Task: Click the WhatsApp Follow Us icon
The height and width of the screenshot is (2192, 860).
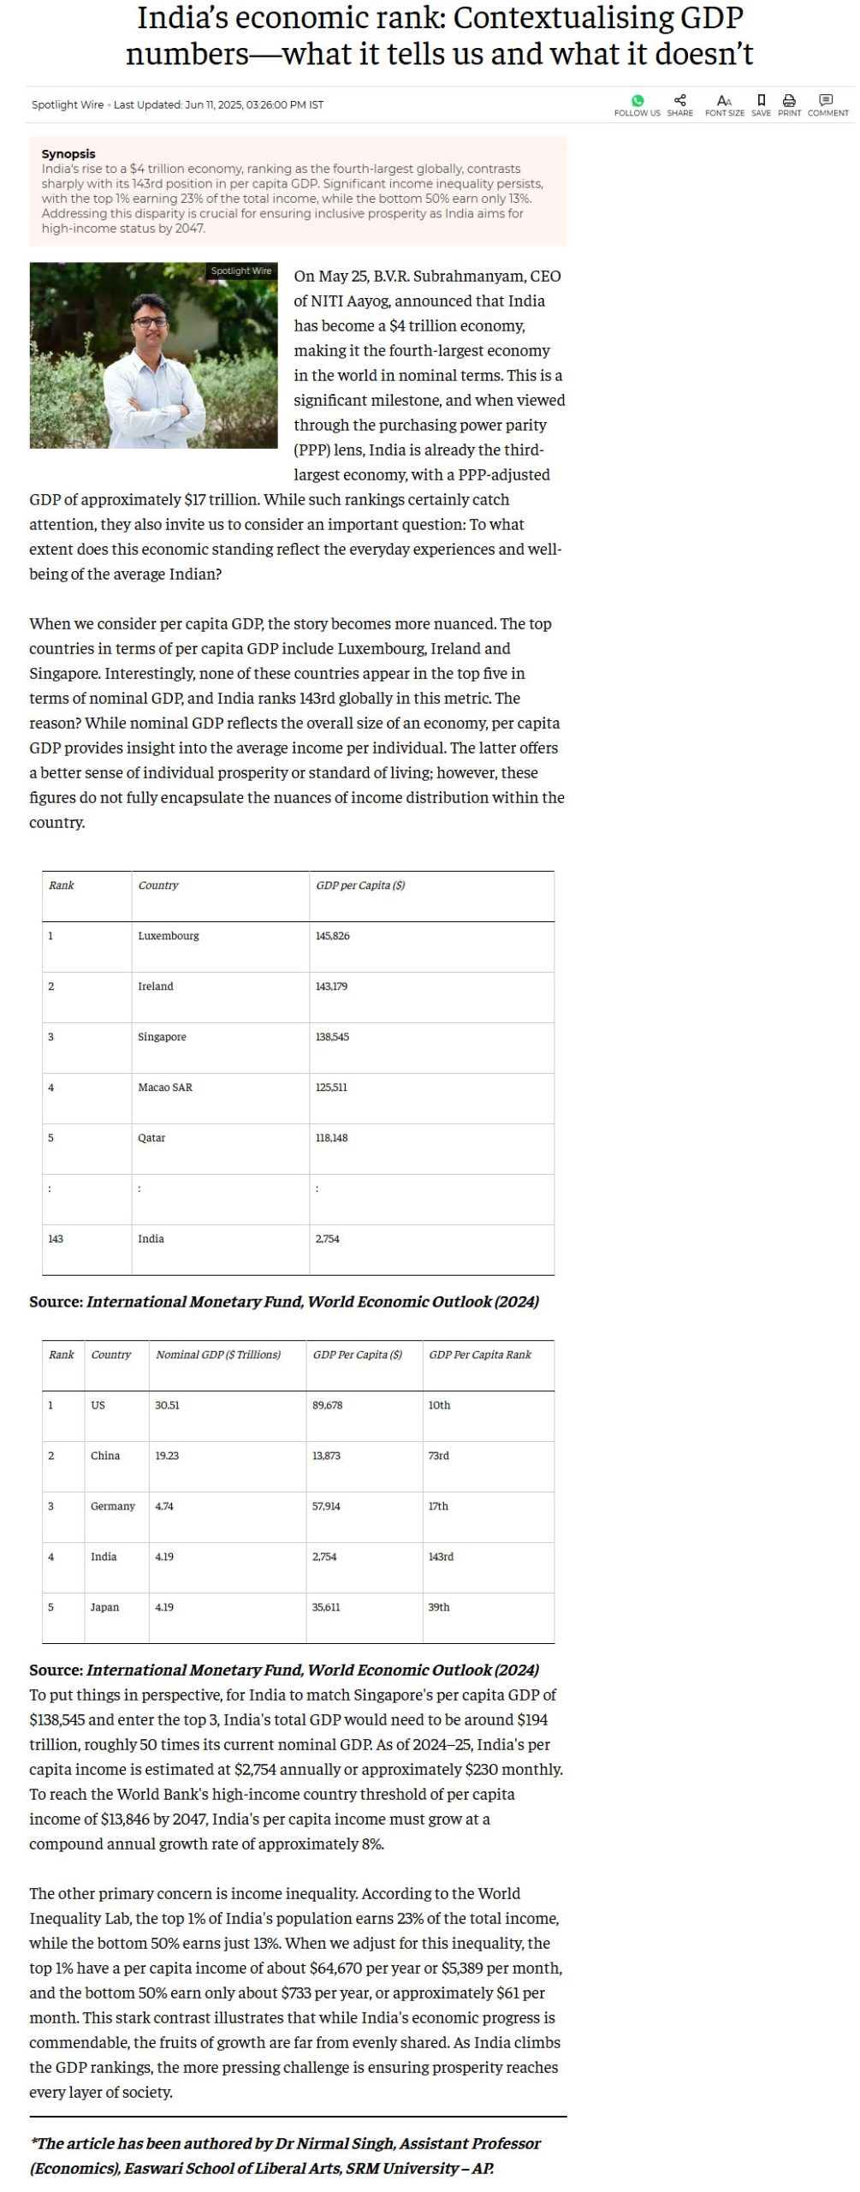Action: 637,101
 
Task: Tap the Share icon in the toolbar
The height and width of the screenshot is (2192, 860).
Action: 680,100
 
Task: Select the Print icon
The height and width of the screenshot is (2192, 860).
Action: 789,100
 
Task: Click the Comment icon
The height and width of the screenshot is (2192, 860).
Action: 827,100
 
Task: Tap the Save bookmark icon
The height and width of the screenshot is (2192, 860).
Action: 761,100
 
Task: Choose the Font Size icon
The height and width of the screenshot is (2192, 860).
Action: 724,100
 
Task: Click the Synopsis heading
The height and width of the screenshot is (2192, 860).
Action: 68,154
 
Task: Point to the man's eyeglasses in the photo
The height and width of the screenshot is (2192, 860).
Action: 151,322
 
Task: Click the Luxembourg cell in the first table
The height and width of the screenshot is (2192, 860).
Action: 169,936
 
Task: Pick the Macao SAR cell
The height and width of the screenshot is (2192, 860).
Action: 165,1087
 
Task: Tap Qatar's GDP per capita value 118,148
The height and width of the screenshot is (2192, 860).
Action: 331,1138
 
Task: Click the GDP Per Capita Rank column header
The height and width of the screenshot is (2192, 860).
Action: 480,1355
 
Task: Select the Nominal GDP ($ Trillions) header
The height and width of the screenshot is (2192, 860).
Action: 218,1355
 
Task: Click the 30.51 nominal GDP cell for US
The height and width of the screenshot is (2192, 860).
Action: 167,1405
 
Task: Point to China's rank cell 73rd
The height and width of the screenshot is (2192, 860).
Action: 438,1456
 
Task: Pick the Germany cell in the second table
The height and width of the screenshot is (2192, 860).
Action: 113,1506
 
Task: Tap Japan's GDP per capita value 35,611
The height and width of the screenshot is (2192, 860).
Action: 326,1607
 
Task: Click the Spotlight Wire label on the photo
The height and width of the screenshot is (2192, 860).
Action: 241,271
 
